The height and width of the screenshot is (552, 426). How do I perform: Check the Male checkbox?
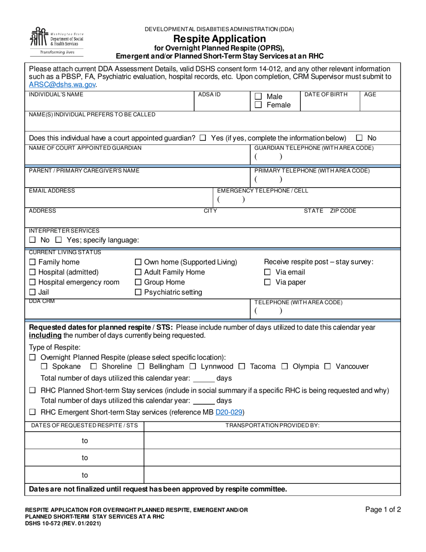click(258, 96)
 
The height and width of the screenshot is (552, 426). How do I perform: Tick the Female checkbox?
click(258, 105)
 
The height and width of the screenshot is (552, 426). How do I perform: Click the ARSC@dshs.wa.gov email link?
click(62, 84)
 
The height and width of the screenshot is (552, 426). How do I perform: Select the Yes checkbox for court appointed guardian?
click(203, 138)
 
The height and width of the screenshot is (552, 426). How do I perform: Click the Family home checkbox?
click(32, 262)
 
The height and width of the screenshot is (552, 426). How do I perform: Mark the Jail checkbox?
click(32, 292)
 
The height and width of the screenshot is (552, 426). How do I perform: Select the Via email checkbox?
click(267, 272)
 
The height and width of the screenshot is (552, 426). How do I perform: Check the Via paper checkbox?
click(267, 282)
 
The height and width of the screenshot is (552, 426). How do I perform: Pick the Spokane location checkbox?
click(44, 367)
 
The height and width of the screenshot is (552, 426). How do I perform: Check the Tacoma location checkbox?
click(242, 367)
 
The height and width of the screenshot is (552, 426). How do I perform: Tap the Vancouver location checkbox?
click(327, 367)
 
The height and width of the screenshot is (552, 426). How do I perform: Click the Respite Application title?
click(219, 39)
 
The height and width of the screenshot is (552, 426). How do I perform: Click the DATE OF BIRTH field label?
click(326, 95)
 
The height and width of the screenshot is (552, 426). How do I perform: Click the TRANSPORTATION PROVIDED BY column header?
click(272, 425)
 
